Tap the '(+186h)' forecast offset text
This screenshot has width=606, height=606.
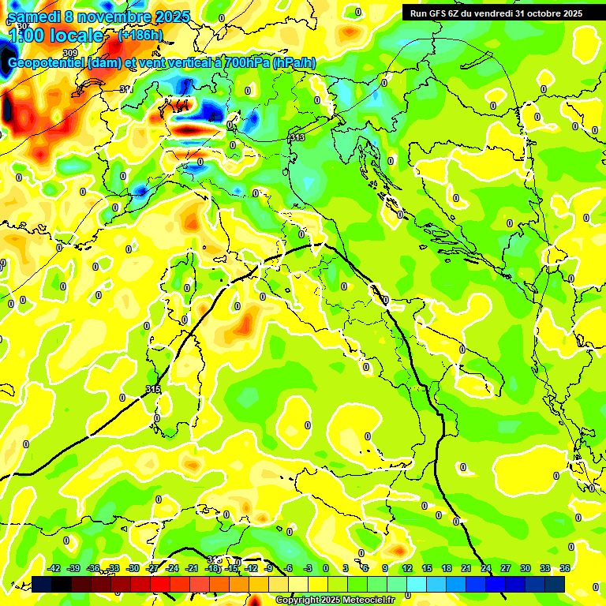click(x=140, y=36)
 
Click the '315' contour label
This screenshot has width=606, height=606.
click(x=153, y=389)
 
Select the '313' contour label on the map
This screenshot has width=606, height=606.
click(x=297, y=137)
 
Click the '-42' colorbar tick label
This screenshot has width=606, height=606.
click(x=54, y=568)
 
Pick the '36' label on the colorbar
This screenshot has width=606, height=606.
click(x=565, y=568)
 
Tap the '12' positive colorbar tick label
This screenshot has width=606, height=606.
click(x=407, y=568)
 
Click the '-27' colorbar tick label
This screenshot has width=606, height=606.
click(x=153, y=568)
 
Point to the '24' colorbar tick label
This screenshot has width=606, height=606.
click(x=486, y=568)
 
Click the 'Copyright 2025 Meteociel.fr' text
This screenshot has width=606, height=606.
click(x=335, y=600)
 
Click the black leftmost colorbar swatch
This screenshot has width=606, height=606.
click(x=42, y=584)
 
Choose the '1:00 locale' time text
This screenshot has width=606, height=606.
click(x=55, y=36)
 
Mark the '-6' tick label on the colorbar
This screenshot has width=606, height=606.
click(x=289, y=568)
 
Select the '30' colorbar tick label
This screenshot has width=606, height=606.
click(x=526, y=568)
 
